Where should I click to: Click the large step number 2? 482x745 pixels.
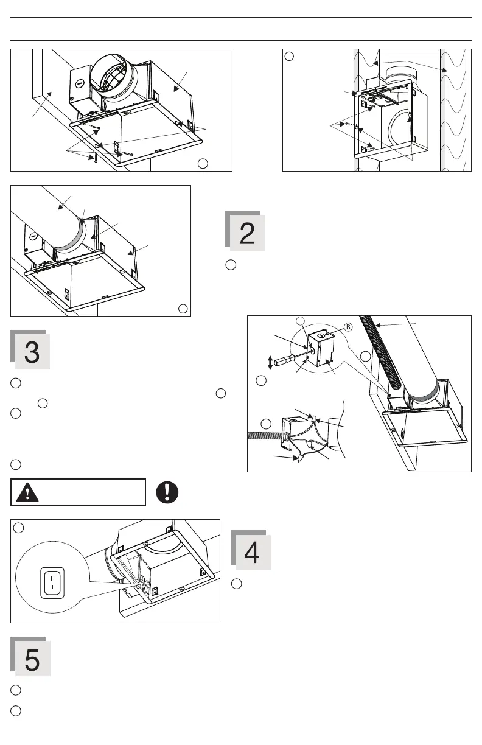pos(246,234)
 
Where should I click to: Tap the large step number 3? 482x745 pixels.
pos(32,352)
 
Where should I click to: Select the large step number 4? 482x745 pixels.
pos(251,552)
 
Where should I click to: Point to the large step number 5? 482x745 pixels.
pos(32,659)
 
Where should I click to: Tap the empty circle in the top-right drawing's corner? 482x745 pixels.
pos(290,56)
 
